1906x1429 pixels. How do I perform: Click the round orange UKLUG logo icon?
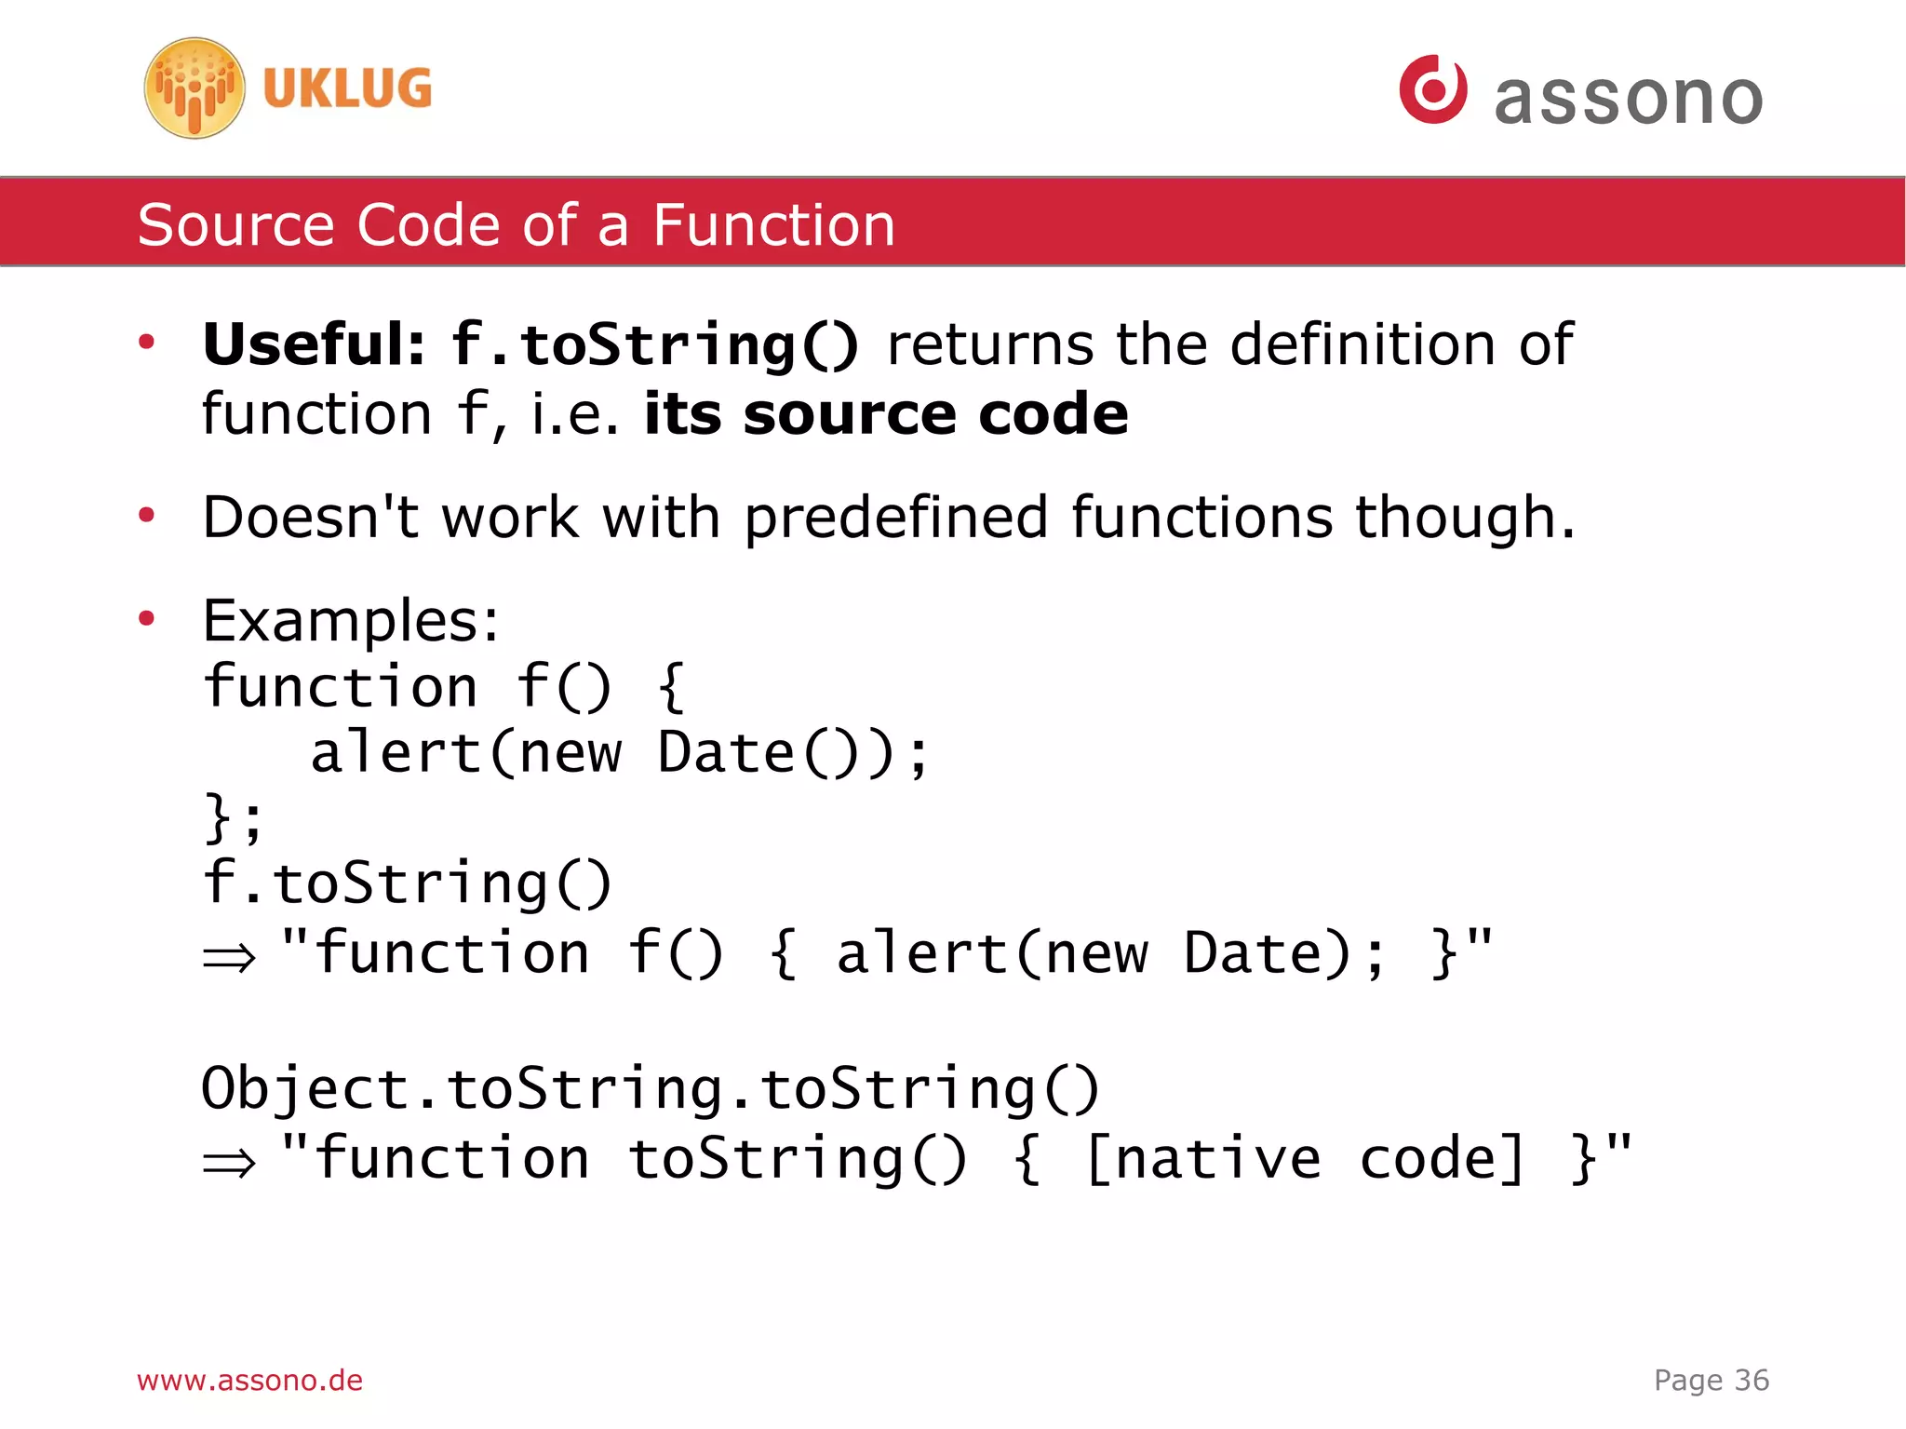tap(195, 88)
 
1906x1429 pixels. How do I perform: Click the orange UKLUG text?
tap(347, 89)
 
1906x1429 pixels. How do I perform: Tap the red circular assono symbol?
tap(1432, 89)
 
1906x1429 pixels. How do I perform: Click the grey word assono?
tap(1628, 99)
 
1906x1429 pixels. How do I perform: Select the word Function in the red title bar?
tap(773, 225)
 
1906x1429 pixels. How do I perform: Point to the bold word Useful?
tap(314, 344)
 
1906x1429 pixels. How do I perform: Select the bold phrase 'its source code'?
tap(885, 414)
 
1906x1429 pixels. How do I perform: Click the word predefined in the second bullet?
tap(895, 519)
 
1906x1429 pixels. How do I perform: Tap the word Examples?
tap(351, 621)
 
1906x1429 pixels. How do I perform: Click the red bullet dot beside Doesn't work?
tap(146, 515)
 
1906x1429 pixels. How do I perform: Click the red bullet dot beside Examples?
tap(146, 618)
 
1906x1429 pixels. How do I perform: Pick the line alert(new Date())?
tap(619, 753)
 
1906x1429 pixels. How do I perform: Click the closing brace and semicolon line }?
tap(234, 818)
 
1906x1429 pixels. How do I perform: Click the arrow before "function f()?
tap(229, 957)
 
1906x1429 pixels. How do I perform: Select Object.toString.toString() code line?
tap(651, 1088)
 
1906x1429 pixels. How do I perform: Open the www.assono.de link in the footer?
tap(249, 1380)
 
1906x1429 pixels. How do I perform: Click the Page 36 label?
tap(1711, 1380)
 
